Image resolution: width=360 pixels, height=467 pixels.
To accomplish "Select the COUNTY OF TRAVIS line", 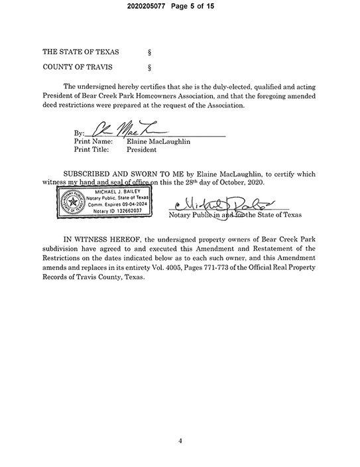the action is (77, 67).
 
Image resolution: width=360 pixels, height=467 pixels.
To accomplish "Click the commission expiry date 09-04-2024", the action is (135, 204).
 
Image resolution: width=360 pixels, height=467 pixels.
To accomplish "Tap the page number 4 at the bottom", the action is (180, 440).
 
